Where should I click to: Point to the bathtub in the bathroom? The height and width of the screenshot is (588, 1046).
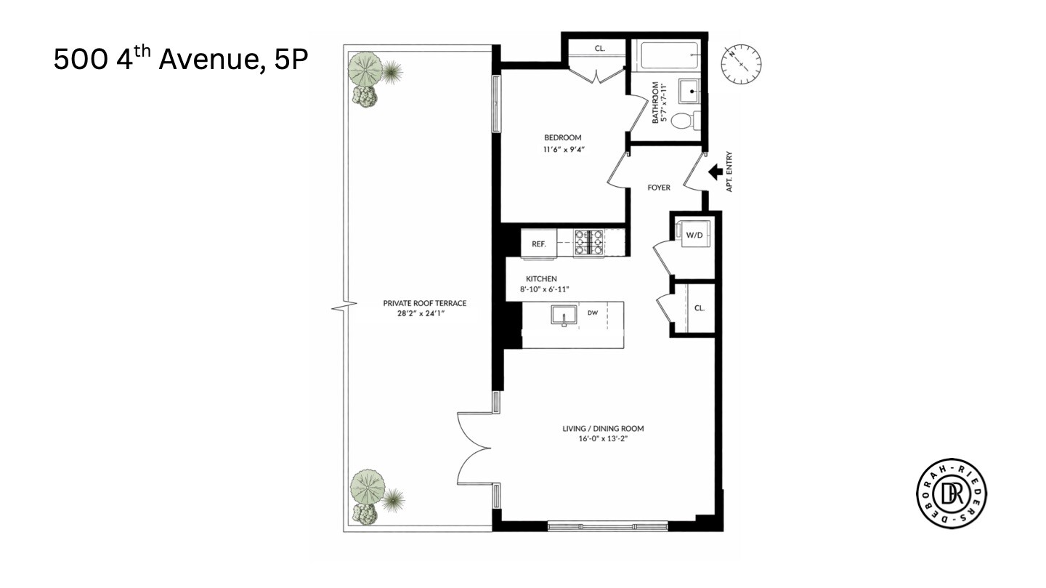click(668, 54)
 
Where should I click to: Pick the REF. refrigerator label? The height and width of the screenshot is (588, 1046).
click(538, 243)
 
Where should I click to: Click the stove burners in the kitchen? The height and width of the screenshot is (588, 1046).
click(590, 243)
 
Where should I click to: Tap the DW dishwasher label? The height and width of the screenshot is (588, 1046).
click(593, 313)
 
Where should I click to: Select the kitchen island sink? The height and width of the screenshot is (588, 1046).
click(563, 317)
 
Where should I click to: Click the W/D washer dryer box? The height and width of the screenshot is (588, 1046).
click(694, 235)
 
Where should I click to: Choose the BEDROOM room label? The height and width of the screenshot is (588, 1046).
click(563, 138)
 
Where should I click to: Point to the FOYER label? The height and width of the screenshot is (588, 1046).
click(659, 188)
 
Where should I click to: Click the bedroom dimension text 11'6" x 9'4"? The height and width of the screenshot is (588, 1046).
click(563, 150)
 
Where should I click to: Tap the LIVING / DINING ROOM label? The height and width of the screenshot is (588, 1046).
click(603, 428)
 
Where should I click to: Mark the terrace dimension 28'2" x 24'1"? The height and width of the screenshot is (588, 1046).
click(424, 315)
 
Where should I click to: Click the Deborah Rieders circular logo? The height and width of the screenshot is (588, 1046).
click(952, 494)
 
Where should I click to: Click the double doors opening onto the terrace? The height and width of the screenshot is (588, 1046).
click(476, 448)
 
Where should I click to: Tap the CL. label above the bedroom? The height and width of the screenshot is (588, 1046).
click(599, 49)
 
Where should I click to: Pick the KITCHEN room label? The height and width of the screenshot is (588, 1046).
click(541, 278)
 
